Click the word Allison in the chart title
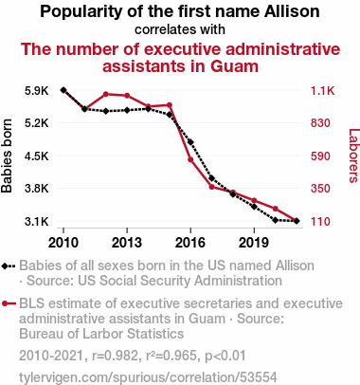[x=292, y=11]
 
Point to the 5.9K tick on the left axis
[x=37, y=91]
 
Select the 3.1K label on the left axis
[x=37, y=221]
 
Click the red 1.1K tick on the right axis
[x=322, y=91]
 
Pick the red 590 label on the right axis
[x=320, y=156]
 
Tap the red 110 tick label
[x=320, y=221]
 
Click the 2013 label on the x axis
[x=127, y=243]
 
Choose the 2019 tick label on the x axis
[x=254, y=243]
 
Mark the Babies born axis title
[x=7, y=156]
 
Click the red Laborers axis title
[x=354, y=156]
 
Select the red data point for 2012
[x=106, y=94]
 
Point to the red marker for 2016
[x=190, y=159]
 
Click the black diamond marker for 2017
[x=211, y=178]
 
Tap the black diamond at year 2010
[x=63, y=90]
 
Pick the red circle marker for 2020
[x=275, y=209]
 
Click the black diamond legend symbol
[x=9, y=266]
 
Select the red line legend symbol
[x=9, y=303]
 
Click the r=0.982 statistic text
[x=114, y=356]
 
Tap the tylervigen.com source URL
[x=148, y=377]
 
